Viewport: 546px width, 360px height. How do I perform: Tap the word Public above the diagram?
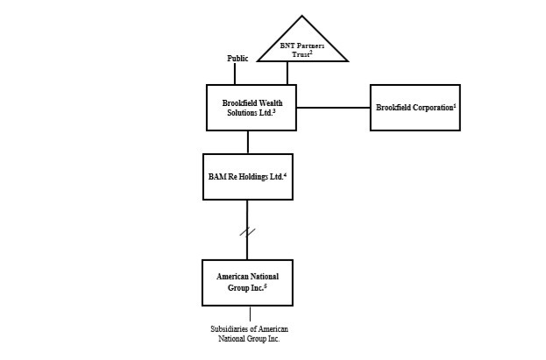(238, 59)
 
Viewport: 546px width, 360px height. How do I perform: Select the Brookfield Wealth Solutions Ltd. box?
(251, 107)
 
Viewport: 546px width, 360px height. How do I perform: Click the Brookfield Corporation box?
(415, 107)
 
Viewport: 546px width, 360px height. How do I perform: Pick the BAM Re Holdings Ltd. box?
(247, 176)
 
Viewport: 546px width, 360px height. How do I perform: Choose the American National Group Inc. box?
(247, 282)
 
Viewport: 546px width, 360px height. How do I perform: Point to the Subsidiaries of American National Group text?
(249, 334)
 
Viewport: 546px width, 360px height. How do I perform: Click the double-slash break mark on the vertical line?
(247, 232)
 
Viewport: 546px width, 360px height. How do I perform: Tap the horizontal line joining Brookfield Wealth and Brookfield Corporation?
(333, 108)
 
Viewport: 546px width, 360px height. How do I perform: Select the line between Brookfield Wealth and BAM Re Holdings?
(248, 142)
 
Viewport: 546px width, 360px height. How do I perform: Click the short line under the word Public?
(235, 74)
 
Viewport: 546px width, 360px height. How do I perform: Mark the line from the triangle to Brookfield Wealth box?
(287, 74)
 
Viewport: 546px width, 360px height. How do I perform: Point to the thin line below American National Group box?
(250, 314)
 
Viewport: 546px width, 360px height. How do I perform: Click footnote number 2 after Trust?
(311, 53)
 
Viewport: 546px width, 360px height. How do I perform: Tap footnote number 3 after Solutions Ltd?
(275, 111)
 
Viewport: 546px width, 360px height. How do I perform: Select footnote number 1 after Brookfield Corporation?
(454, 105)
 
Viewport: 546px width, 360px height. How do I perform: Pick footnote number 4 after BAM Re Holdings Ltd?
(286, 174)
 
